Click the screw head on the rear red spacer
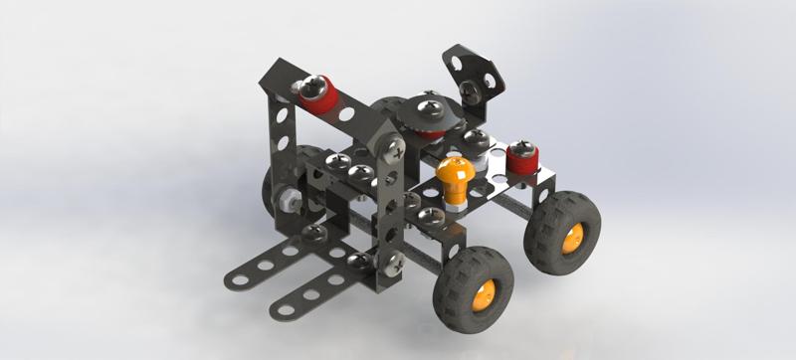pos(519,149)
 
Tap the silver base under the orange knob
pos(453,204)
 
